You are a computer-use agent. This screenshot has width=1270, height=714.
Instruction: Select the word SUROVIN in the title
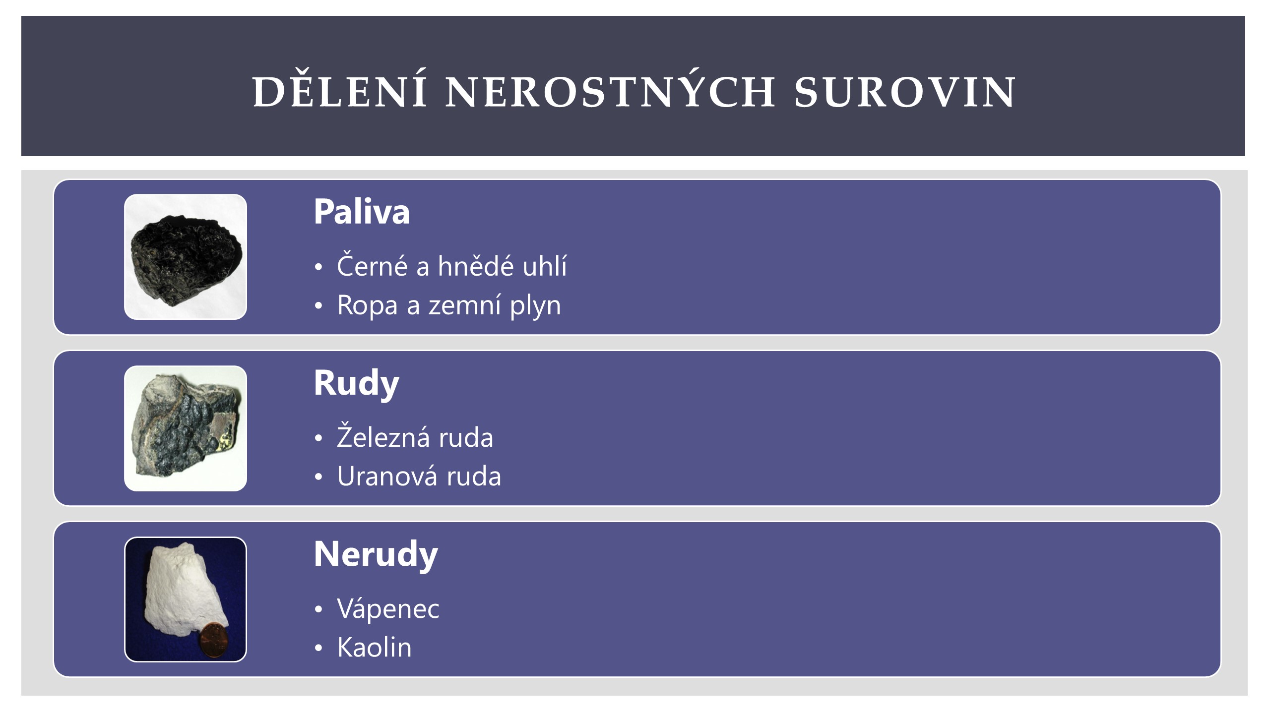(x=905, y=92)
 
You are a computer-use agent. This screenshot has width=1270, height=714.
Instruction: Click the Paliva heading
(x=362, y=212)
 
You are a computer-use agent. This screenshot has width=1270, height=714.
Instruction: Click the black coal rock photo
(x=186, y=257)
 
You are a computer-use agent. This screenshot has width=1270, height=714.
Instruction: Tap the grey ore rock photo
(x=186, y=428)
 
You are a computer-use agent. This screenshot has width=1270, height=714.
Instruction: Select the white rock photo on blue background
(x=186, y=599)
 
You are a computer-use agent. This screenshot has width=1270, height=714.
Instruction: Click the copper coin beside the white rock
(x=213, y=641)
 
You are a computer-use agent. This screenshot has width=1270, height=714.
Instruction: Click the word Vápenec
(x=388, y=608)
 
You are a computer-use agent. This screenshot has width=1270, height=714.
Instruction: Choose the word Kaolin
(x=375, y=647)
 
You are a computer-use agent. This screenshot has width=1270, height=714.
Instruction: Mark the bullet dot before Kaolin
(x=318, y=648)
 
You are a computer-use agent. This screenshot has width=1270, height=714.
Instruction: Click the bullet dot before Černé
(x=318, y=267)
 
